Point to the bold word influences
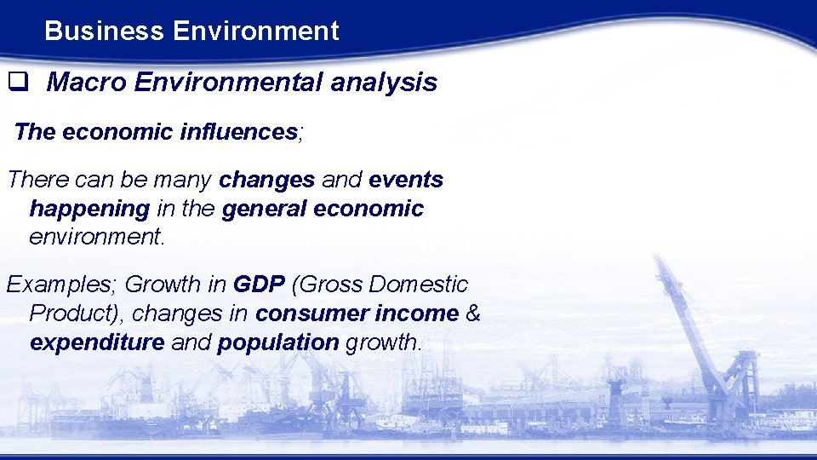pos(237,132)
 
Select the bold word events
pos(406,181)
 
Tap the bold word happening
pos(89,209)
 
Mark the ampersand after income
pos(474,313)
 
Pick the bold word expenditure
pos(97,342)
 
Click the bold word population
pos(277,342)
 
